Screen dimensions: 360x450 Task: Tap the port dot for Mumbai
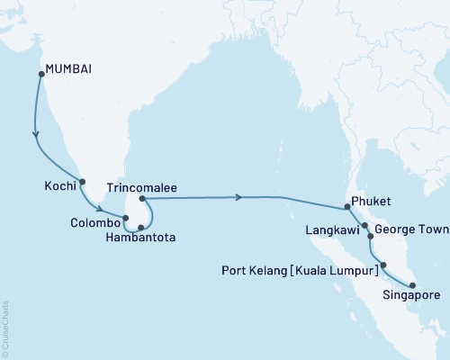tap(39, 75)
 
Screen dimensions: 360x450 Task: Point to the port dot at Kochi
tap(83, 182)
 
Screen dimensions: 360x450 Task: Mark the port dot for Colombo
tap(126, 218)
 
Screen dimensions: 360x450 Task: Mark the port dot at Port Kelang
tap(383, 265)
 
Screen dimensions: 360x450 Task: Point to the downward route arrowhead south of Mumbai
tap(36, 137)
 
